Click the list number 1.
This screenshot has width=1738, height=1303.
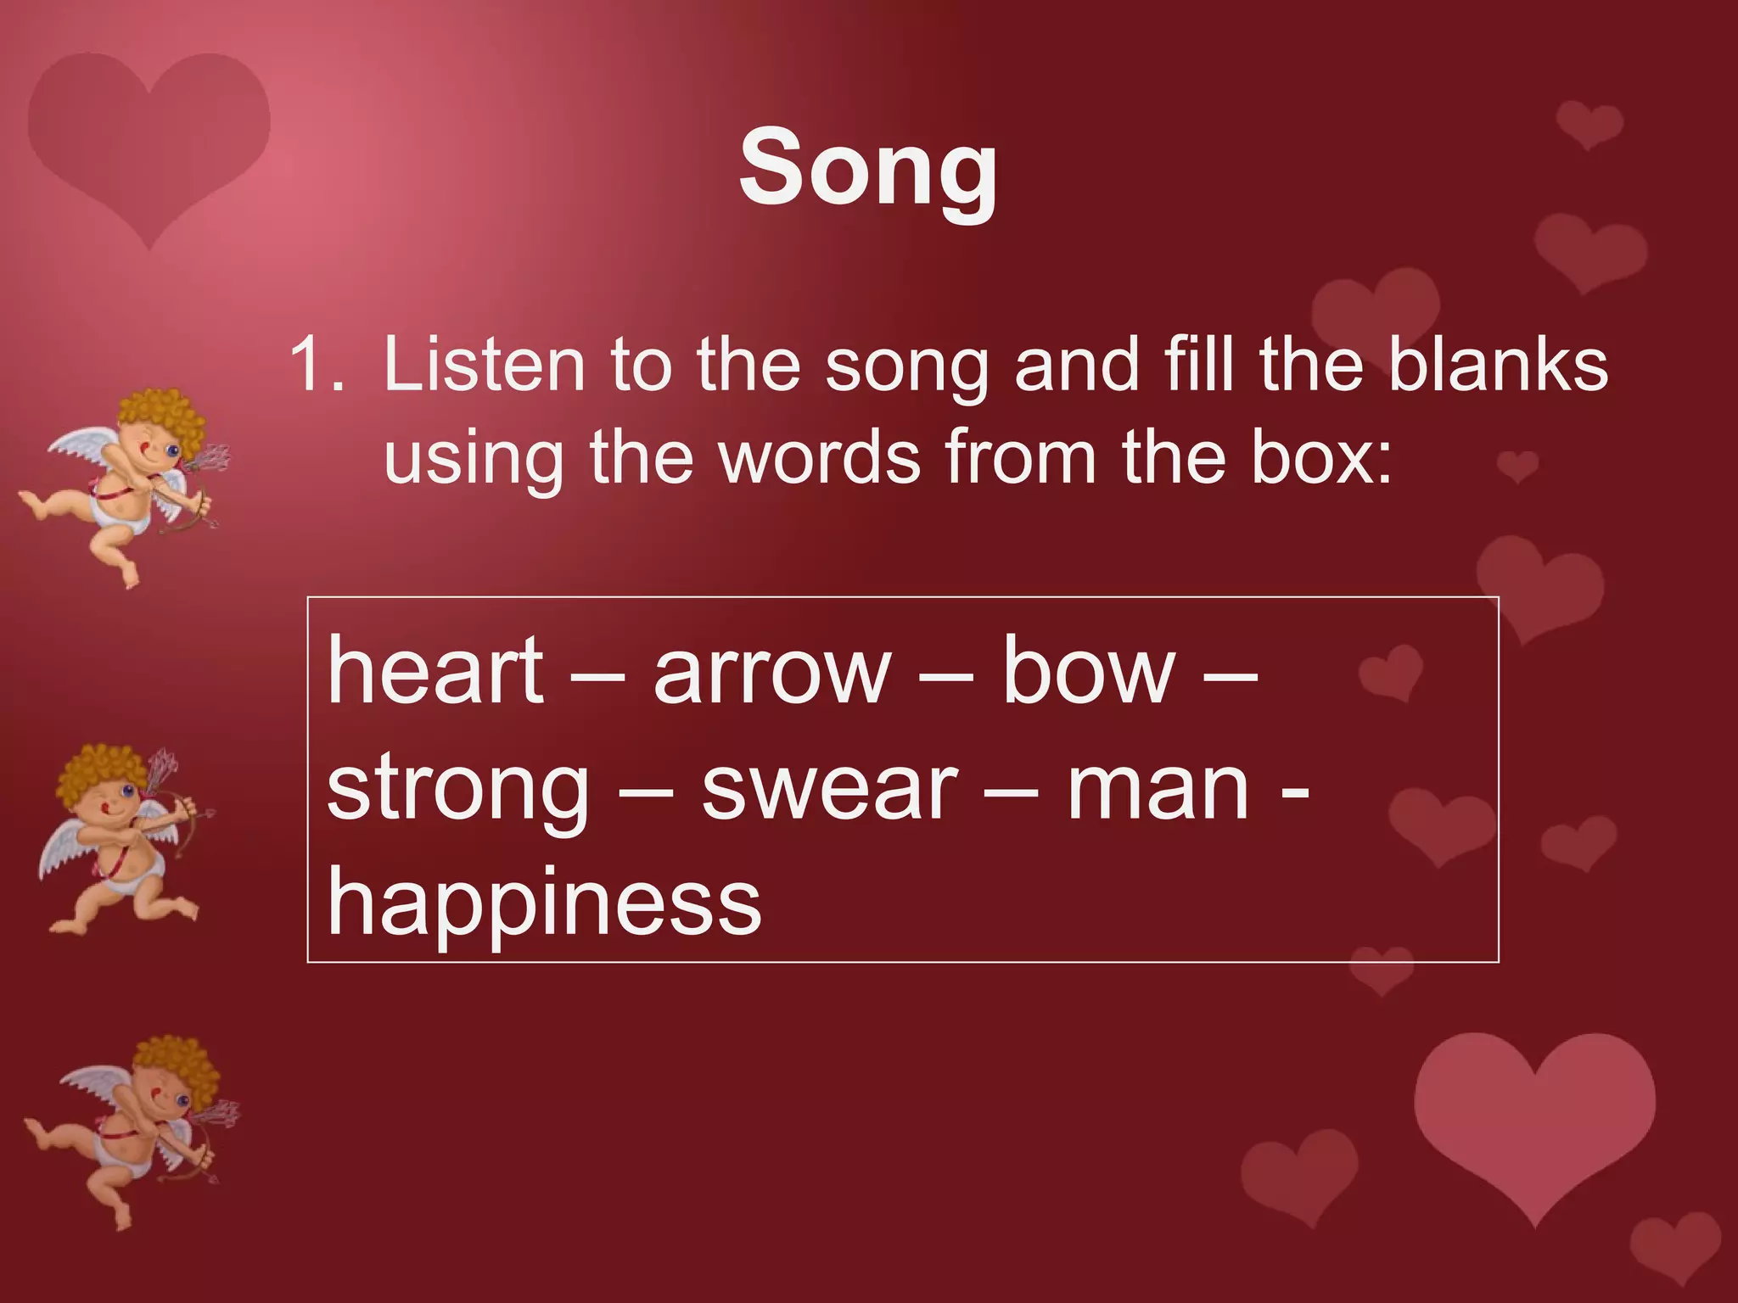(316, 365)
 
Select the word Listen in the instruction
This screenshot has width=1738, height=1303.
(484, 365)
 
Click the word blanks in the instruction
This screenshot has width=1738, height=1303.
(1498, 365)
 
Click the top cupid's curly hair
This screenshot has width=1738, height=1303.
(161, 416)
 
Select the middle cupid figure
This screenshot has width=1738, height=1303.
(119, 840)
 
